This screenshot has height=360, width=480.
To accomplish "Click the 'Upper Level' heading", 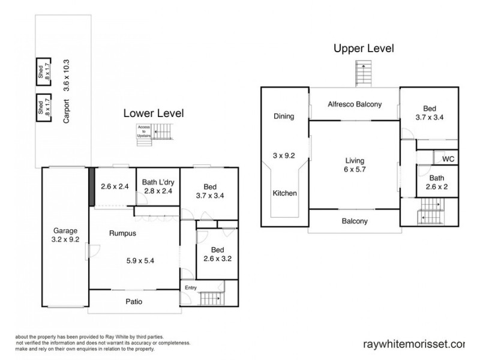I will tap(364, 49).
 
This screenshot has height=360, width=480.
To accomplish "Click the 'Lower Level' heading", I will tap(153, 113).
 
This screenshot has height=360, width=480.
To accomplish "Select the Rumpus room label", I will tap(120, 235).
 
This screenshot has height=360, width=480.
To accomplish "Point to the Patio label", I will tap(133, 302).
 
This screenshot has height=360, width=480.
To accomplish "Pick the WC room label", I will tap(447, 159).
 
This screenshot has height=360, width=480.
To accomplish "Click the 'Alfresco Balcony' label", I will tap(355, 104).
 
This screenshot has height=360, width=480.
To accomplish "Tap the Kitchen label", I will tap(285, 193).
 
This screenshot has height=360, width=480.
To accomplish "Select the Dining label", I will tap(284, 116).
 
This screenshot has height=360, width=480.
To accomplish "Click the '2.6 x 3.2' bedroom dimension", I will tap(217, 260).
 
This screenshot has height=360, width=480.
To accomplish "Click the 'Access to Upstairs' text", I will tap(144, 131).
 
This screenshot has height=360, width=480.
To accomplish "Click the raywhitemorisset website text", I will tap(414, 344).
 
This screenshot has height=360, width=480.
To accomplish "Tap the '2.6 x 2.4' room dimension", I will tap(115, 185).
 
